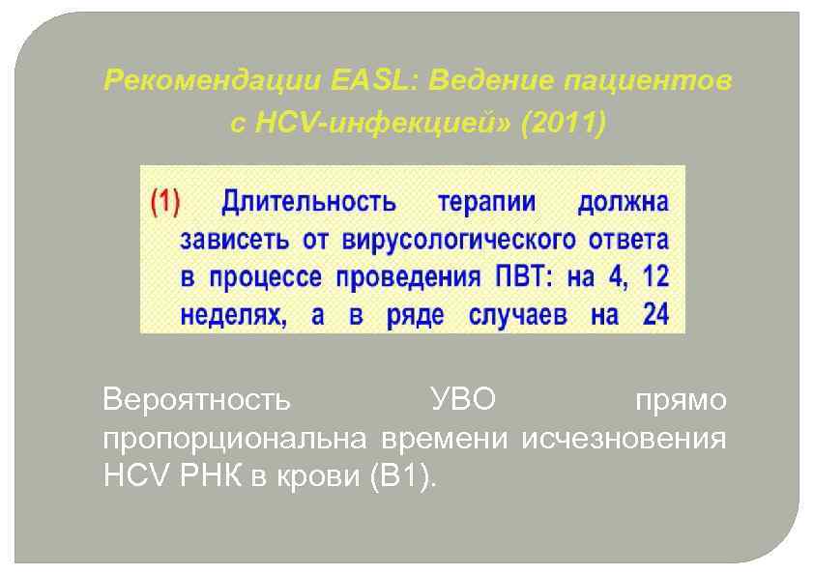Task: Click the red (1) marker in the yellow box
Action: [164, 203]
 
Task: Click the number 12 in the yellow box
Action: [654, 277]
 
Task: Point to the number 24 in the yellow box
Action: [654, 315]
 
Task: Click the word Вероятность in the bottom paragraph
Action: [195, 401]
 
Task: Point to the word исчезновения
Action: [624, 440]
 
